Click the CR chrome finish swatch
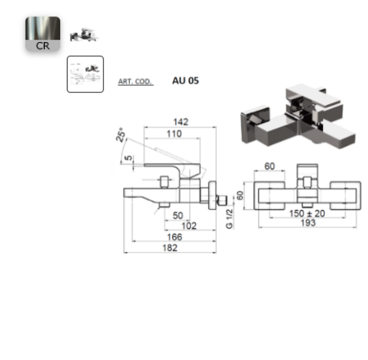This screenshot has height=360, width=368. pyautogui.click(x=43, y=34)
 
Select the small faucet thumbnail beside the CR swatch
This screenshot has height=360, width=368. pyautogui.click(x=84, y=34)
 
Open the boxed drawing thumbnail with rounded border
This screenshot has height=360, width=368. pyautogui.click(x=85, y=74)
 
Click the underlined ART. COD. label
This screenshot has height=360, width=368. pyautogui.click(x=135, y=82)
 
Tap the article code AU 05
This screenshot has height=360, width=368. pyautogui.click(x=186, y=80)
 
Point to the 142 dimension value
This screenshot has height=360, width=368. pyautogui.click(x=181, y=121)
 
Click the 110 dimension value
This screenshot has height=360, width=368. pyautogui.click(x=174, y=133)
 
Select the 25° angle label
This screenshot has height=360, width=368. pyautogui.click(x=121, y=135)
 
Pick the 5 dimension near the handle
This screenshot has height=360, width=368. pyautogui.click(x=128, y=158)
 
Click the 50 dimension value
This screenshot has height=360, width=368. pyautogui.click(x=178, y=215)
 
